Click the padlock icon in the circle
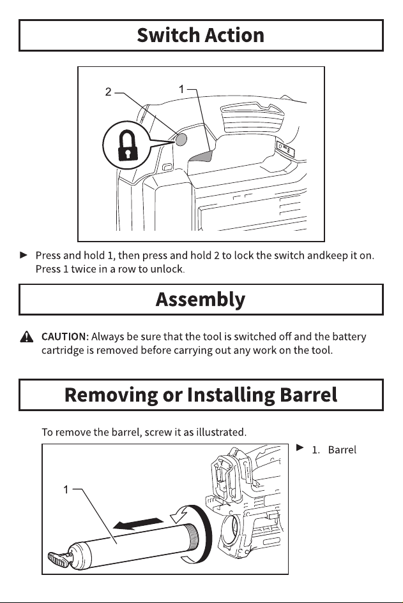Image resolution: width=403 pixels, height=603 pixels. [128, 145]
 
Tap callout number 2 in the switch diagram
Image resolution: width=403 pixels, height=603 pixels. [109, 92]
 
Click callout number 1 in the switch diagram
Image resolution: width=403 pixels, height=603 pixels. [181, 89]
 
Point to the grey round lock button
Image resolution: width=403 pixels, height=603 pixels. [181, 139]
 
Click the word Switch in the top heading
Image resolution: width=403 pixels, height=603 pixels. [168, 35]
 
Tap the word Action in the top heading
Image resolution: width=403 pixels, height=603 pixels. [234, 35]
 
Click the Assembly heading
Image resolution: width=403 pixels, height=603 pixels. [201, 300]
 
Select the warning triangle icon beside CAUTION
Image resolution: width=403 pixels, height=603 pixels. [27, 337]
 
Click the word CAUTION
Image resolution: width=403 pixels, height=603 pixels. [65, 337]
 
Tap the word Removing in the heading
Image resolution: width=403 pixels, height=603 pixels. [111, 395]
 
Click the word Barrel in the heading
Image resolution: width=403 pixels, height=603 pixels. [308, 395]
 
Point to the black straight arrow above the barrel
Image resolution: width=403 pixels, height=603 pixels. [139, 523]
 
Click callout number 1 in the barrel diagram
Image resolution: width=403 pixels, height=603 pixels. [66, 489]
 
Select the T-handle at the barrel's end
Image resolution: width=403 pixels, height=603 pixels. [59, 559]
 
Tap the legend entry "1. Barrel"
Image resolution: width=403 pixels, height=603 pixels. [334, 449]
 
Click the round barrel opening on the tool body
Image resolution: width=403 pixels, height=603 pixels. [231, 529]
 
